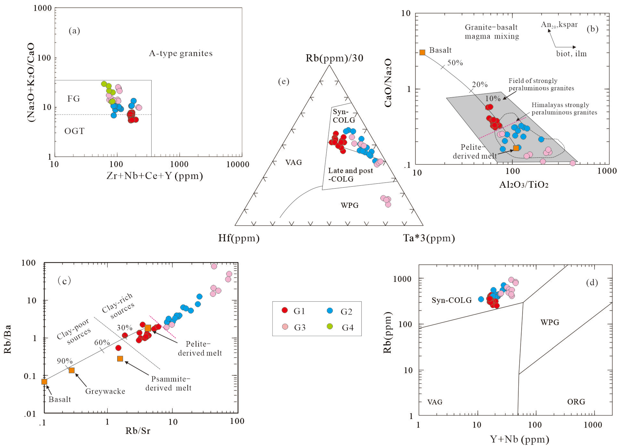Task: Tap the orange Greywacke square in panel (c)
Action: pyautogui.click(x=72, y=370)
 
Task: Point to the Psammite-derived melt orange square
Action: pyautogui.click(x=120, y=358)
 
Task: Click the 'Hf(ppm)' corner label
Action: pyautogui.click(x=239, y=238)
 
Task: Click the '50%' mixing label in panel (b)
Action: pyautogui.click(x=455, y=63)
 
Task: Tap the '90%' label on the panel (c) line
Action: pyautogui.click(x=65, y=361)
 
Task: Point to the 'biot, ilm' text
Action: pyautogui.click(x=571, y=54)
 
